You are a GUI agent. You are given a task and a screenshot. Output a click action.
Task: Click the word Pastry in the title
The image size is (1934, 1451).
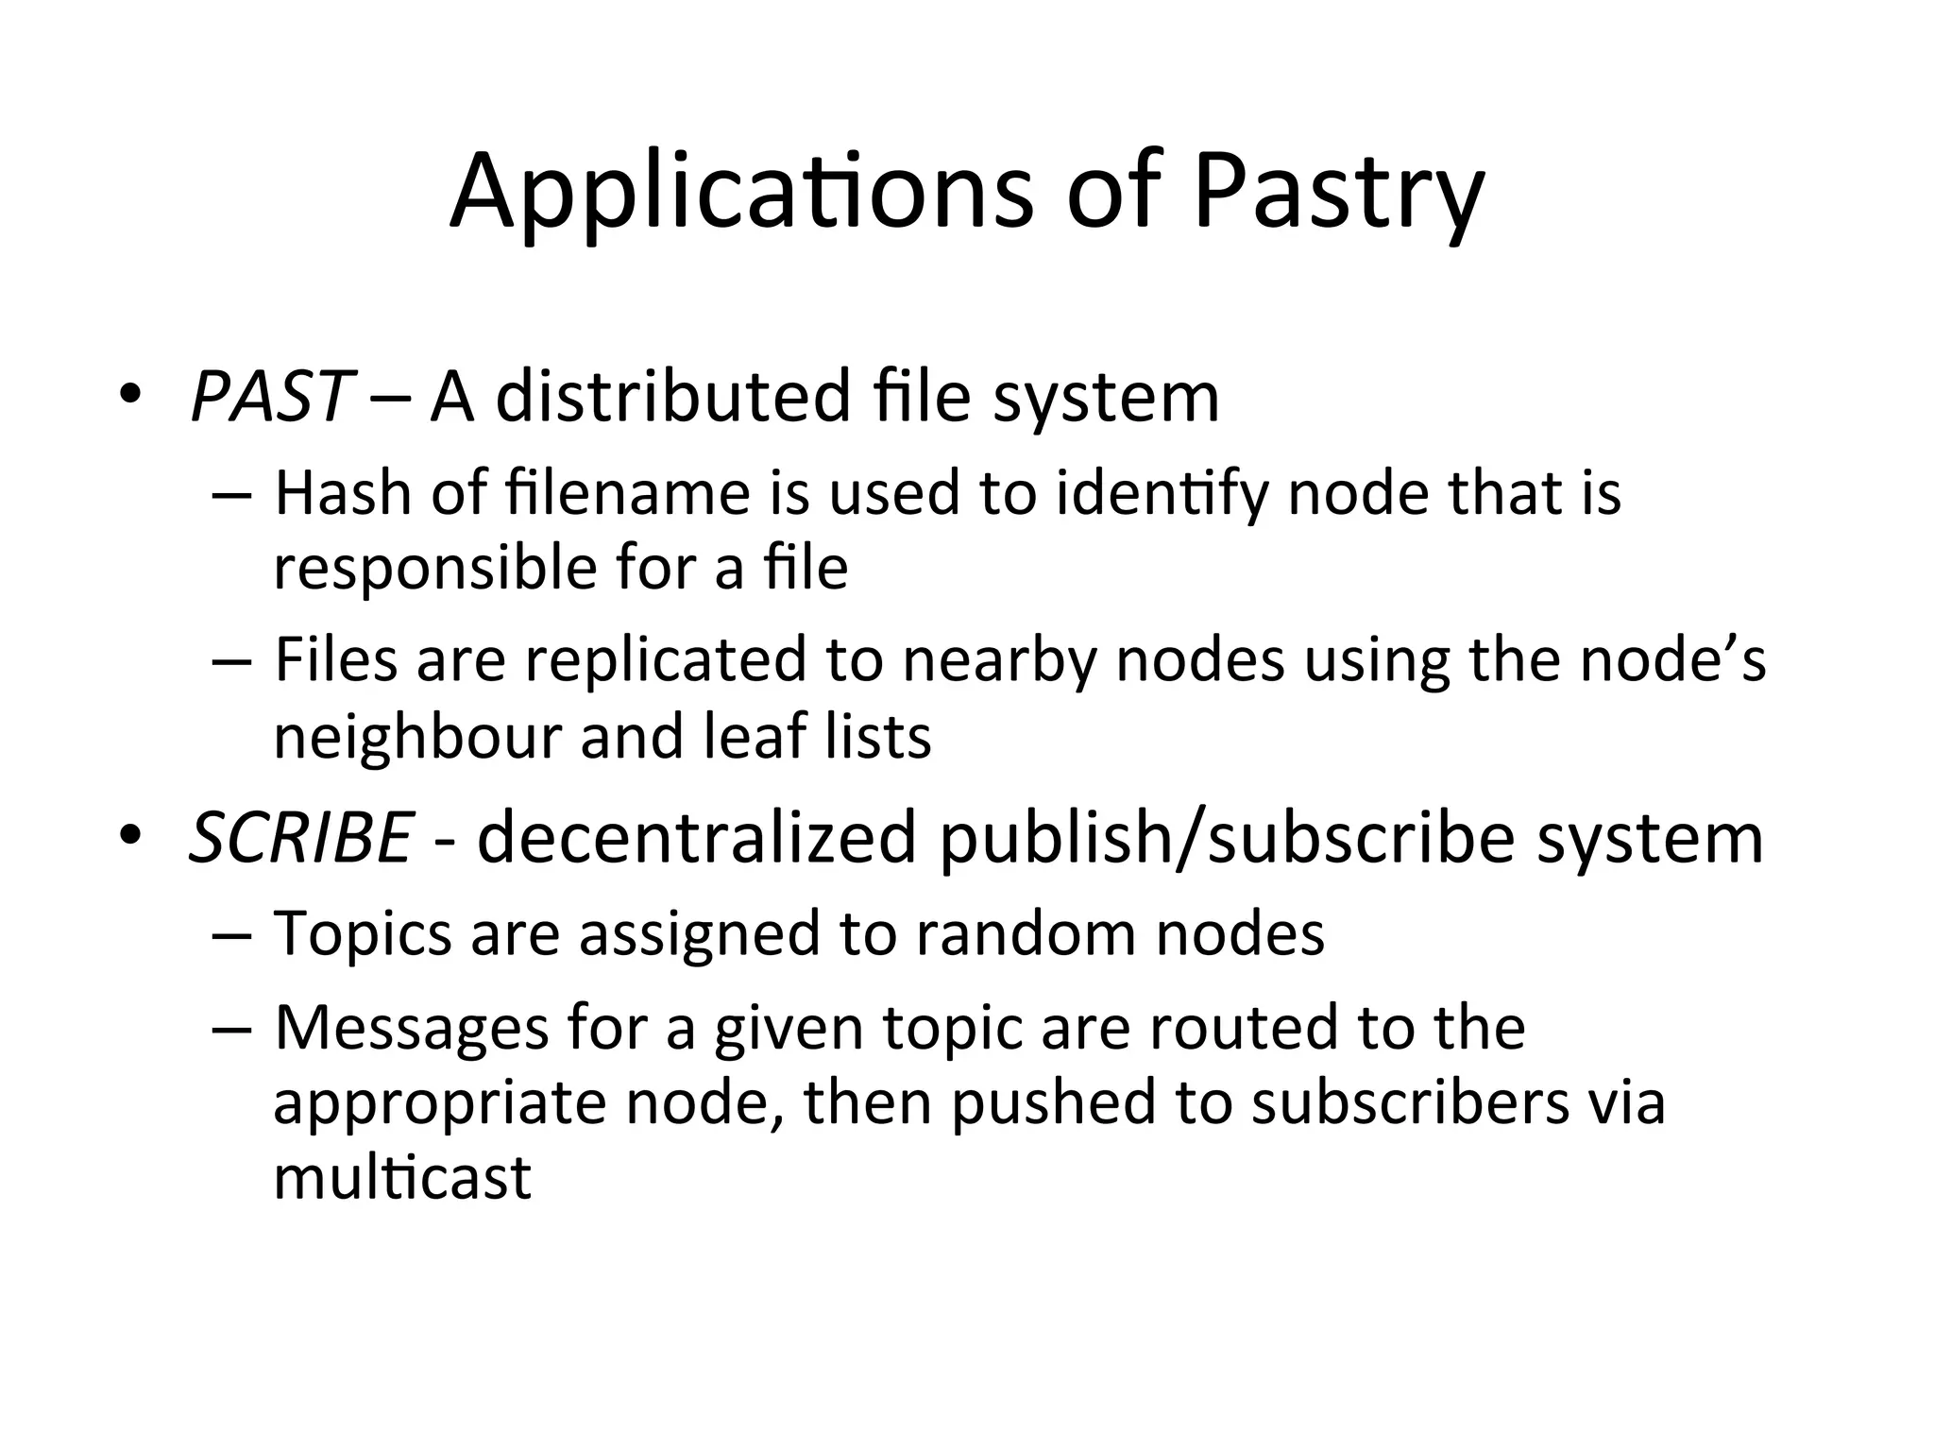tap(1338, 194)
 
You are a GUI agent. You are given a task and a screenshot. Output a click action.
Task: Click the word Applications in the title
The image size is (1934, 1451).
tap(741, 194)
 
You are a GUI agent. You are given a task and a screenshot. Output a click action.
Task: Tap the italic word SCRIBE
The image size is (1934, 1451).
tap(300, 838)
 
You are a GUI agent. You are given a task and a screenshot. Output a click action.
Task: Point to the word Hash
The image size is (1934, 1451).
tap(343, 493)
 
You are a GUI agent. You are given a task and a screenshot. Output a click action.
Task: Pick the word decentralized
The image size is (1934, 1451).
tap(697, 838)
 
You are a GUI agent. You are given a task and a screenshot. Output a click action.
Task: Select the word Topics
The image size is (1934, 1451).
tap(364, 934)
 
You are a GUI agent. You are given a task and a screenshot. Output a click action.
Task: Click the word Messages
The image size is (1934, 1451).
tap(412, 1028)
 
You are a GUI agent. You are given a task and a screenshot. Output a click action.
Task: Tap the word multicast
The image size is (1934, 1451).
tap(402, 1178)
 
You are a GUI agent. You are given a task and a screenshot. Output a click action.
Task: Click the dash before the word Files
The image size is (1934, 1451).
tap(232, 661)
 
